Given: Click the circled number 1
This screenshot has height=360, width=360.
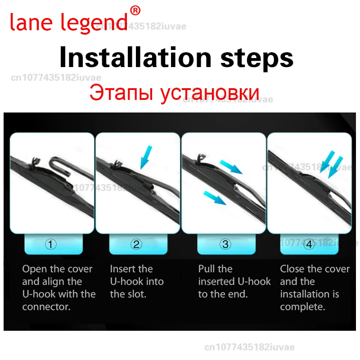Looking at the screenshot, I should point(52,244).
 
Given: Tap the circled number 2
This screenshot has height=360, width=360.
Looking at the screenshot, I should point(136,244).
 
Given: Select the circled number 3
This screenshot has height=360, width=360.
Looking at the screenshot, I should point(225,244).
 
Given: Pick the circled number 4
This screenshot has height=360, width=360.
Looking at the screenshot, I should point(309,244).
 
